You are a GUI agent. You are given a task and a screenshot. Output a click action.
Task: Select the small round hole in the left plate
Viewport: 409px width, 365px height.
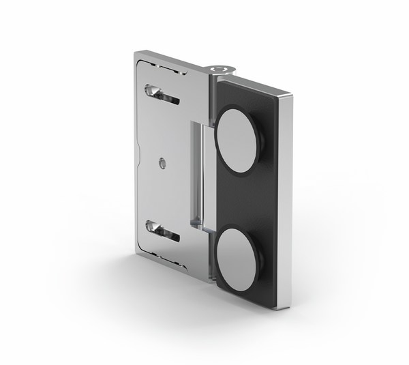click(162, 163)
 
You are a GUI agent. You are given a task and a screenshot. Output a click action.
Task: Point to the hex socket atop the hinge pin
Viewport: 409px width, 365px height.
click(220, 69)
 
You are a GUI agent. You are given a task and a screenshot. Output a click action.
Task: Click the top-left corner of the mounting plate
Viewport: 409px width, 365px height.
click(136, 53)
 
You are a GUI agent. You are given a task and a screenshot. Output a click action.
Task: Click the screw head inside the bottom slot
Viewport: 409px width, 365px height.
click(153, 227)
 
